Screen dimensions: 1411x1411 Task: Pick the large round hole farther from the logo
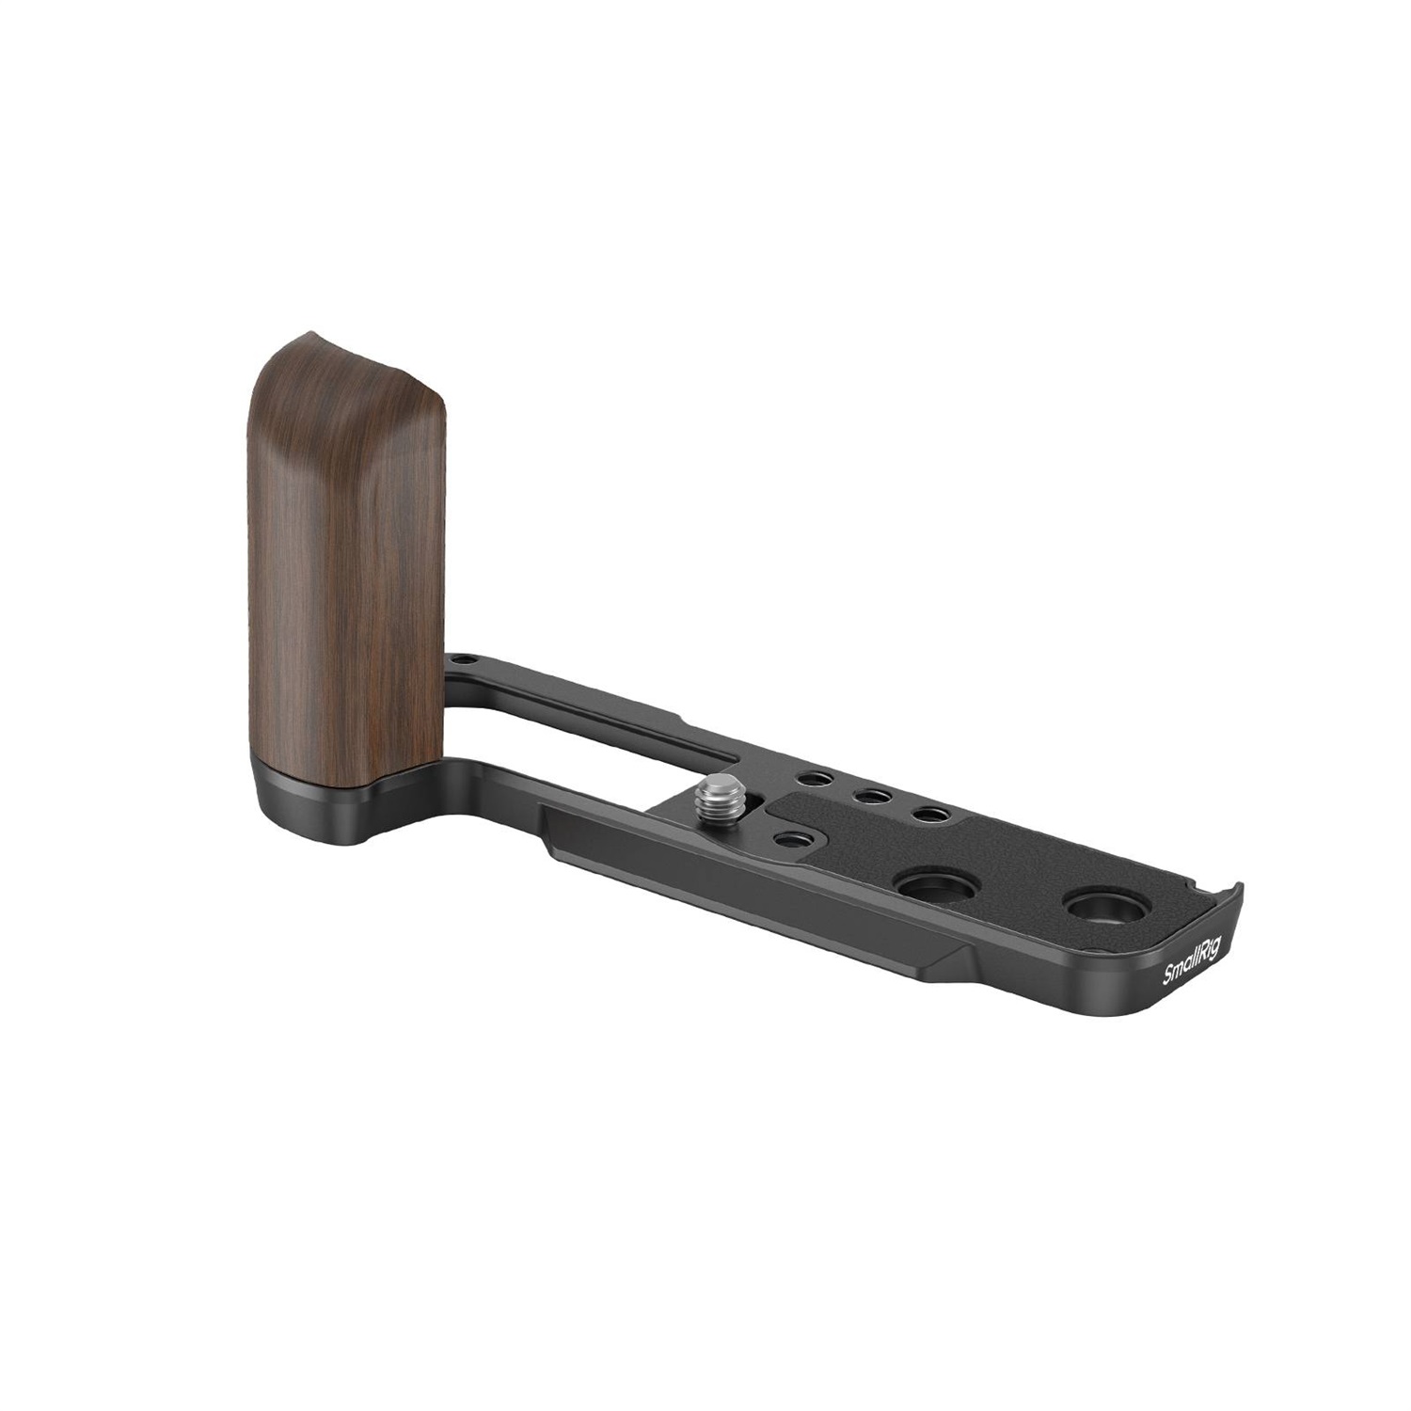point(919,884)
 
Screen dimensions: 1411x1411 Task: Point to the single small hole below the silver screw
point(787,837)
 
